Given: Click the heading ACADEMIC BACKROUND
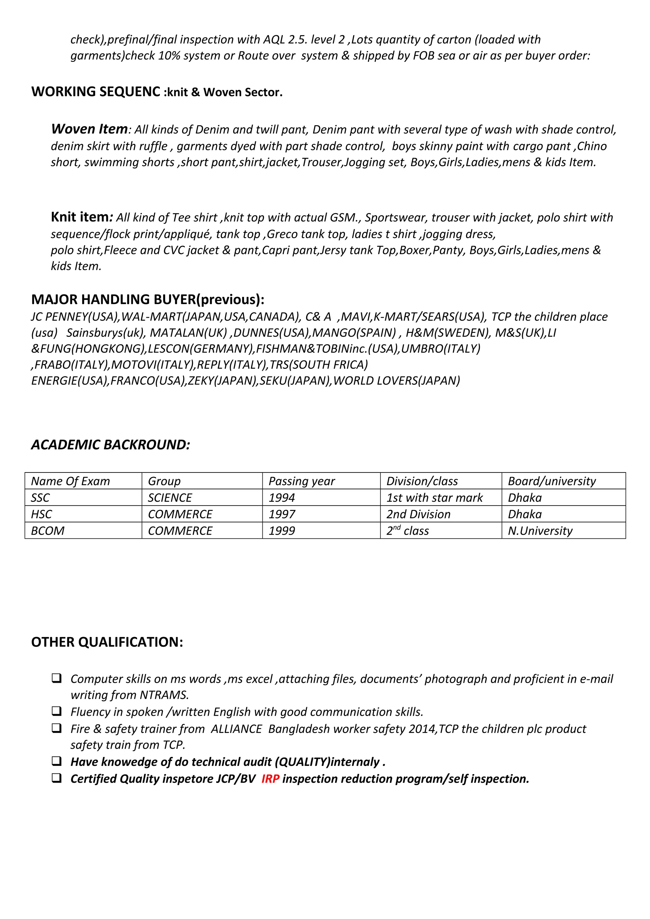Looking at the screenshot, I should point(110,445).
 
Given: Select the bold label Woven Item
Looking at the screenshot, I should point(89,129).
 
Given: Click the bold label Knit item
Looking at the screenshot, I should point(79,217).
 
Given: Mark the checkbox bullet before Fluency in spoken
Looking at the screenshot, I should point(56,711).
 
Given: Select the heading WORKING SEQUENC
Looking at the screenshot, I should point(96,92).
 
